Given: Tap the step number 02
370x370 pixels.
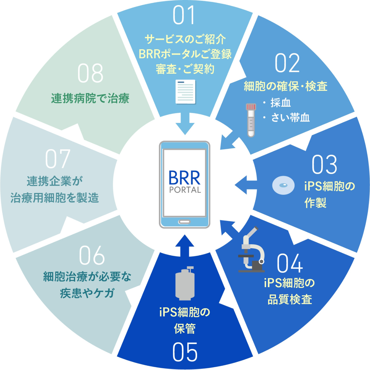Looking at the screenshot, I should pyautogui.click(x=287, y=63).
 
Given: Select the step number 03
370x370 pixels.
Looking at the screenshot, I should pyautogui.click(x=324, y=165).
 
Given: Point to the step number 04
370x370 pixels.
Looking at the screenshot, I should pyautogui.click(x=289, y=263).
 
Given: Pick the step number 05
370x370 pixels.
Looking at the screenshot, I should pyautogui.click(x=185, y=352).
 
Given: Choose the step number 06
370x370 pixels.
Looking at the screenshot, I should pyautogui.click(x=92, y=255).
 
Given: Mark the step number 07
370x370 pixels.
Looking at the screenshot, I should pyautogui.click(x=57, y=159).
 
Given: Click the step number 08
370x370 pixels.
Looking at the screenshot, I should pyautogui.click(x=90, y=73).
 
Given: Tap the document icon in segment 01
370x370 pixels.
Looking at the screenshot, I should pyautogui.click(x=185, y=92).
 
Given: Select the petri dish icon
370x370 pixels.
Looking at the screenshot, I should pyautogui.click(x=283, y=185).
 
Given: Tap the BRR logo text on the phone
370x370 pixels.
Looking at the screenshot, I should pyautogui.click(x=184, y=178).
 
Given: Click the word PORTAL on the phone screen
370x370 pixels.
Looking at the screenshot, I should pyautogui.click(x=185, y=190).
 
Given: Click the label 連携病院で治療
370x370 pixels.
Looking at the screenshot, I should pyautogui.click(x=90, y=98).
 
